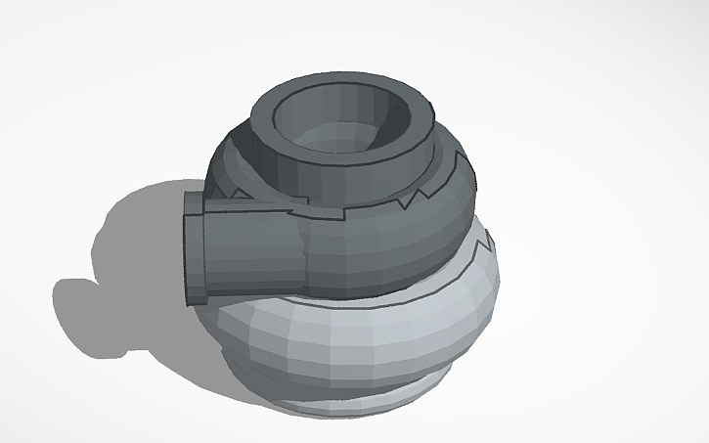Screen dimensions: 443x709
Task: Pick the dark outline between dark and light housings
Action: [x=391, y=293]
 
